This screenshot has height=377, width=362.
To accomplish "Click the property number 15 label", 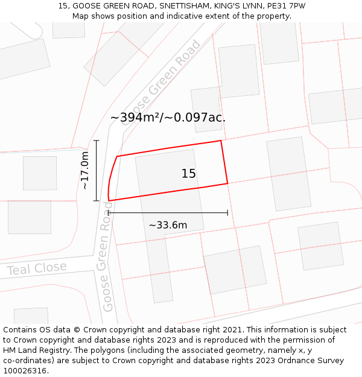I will pos(189,174).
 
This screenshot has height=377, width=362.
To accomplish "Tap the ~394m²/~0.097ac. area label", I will pos(168,118).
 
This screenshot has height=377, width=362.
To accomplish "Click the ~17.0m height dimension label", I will pos(85,171).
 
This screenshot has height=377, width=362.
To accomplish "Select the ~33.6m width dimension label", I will pos(168,226).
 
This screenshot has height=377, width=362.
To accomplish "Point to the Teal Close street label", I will pos(37,268).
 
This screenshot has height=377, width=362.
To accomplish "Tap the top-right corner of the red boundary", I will pos(221,141).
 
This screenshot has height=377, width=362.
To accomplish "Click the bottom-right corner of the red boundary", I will pos(227,183).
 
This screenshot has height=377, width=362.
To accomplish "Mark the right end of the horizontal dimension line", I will pos(227,212).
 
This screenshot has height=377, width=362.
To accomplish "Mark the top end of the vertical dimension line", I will pos(97,140).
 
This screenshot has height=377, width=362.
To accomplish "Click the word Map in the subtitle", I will pos(81,16).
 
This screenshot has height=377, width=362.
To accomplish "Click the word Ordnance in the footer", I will pos(285,361).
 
